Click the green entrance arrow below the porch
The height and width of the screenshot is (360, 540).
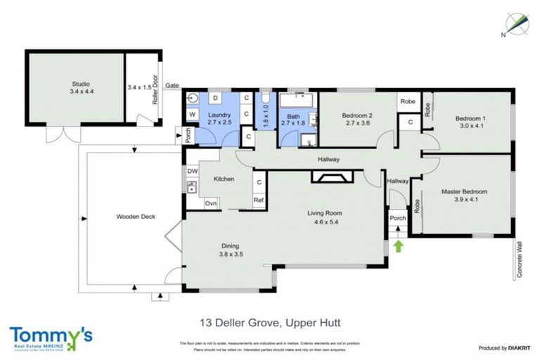399,246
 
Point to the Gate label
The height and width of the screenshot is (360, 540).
172,86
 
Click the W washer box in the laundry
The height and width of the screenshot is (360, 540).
192,114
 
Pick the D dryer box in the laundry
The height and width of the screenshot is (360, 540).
215,97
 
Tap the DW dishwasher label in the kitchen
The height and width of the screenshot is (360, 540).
192,171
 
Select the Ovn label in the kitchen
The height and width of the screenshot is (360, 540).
210,203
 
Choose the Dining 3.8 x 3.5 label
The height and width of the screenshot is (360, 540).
231,250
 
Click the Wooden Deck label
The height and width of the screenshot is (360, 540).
134,217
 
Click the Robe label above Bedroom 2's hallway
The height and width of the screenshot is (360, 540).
408,102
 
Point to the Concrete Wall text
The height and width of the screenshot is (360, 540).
520,262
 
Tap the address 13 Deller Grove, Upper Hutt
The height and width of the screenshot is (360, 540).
271,324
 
